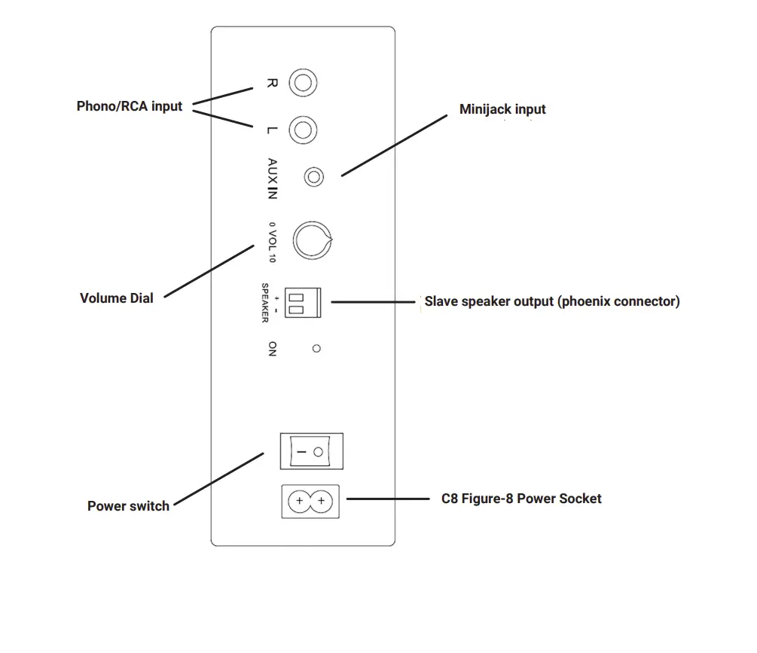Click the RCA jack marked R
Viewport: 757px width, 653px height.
pos(303,83)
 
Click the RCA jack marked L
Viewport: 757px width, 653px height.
pos(303,130)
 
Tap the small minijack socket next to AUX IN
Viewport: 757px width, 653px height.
pos(313,178)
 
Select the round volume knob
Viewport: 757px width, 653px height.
pos(311,241)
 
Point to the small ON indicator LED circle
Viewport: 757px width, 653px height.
pos(316,349)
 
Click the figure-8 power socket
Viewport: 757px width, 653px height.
pos(310,501)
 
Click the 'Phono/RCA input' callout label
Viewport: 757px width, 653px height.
pos(130,106)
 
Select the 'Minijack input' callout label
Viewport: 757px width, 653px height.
pos(502,110)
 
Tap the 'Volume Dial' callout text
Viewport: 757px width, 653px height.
pos(116,298)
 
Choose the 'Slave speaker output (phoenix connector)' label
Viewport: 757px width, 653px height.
pos(551,301)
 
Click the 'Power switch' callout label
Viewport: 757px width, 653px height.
pos(128,506)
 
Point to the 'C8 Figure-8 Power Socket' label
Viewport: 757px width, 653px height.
pos(521,499)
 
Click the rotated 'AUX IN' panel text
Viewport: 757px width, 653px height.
pos(273,179)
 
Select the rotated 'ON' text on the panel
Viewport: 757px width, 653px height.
pos(272,349)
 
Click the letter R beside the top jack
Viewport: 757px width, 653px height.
pos(273,83)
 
